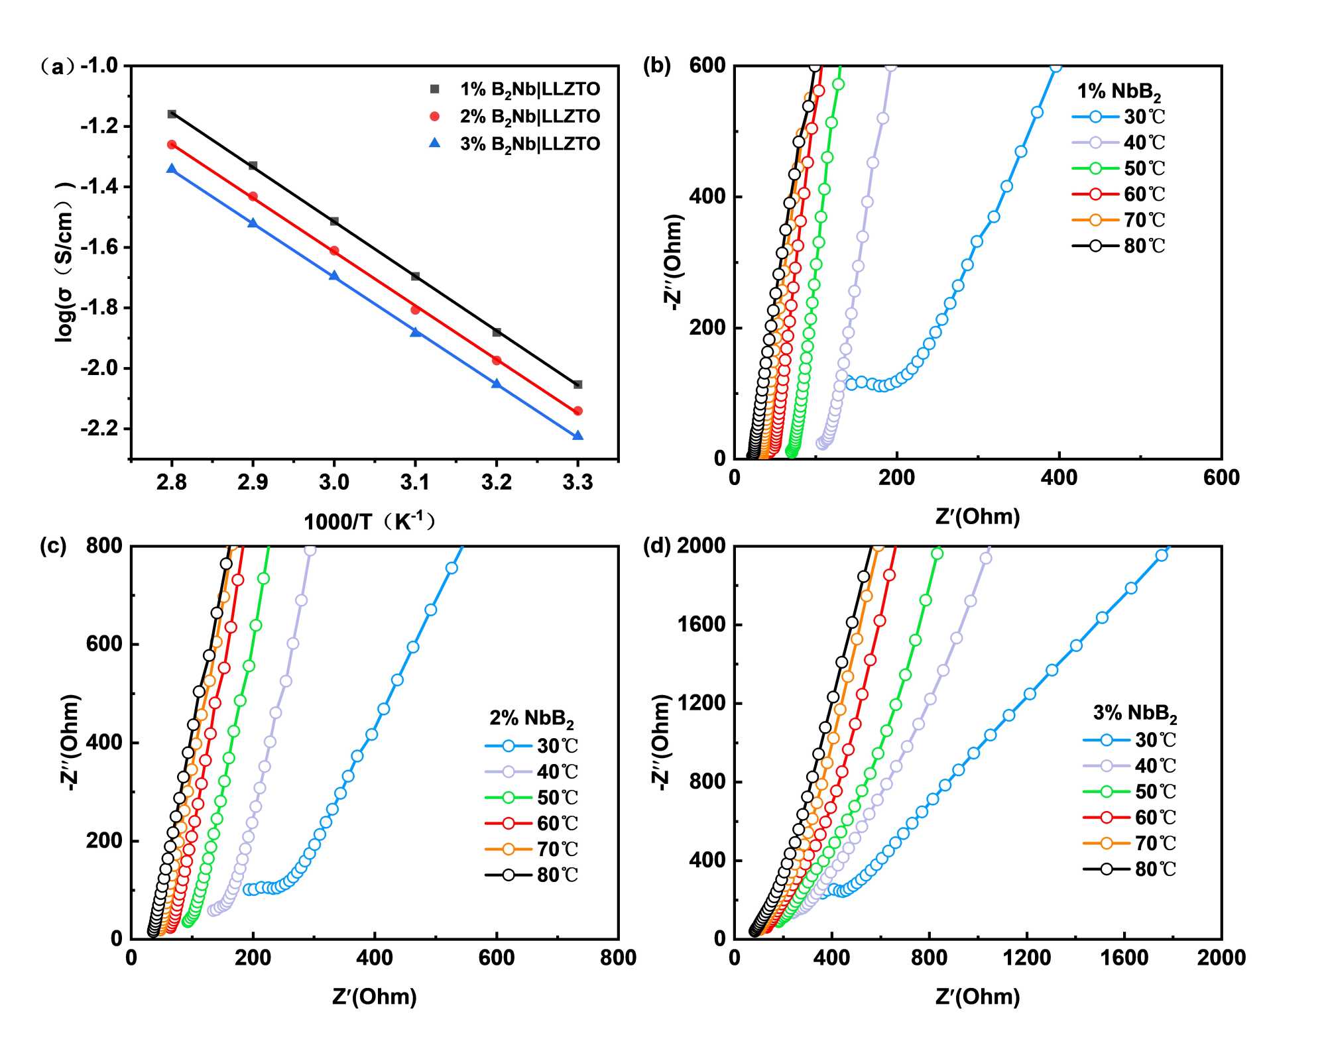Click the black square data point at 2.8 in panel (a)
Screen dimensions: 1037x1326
pyautogui.click(x=172, y=114)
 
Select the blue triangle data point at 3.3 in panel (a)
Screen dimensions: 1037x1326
pyautogui.click(x=577, y=435)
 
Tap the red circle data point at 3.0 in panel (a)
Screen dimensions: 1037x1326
pyautogui.click(x=334, y=250)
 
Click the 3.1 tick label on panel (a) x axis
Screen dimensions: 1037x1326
pyautogui.click(x=415, y=482)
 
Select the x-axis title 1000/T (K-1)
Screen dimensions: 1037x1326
pyautogui.click(x=370, y=521)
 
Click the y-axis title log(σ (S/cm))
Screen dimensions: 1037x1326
pyautogui.click(x=64, y=262)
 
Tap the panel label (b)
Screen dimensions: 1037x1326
pyautogui.click(x=657, y=66)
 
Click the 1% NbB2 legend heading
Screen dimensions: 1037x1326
pyautogui.click(x=1119, y=91)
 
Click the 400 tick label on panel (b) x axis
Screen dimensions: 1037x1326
pyautogui.click(x=1059, y=477)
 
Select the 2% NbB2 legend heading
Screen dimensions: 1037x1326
pyautogui.click(x=532, y=718)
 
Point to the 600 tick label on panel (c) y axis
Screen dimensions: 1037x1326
pyautogui.click(x=104, y=643)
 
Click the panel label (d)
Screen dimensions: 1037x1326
pyautogui.click(x=657, y=546)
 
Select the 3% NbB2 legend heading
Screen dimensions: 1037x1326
pyautogui.click(x=1135, y=713)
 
